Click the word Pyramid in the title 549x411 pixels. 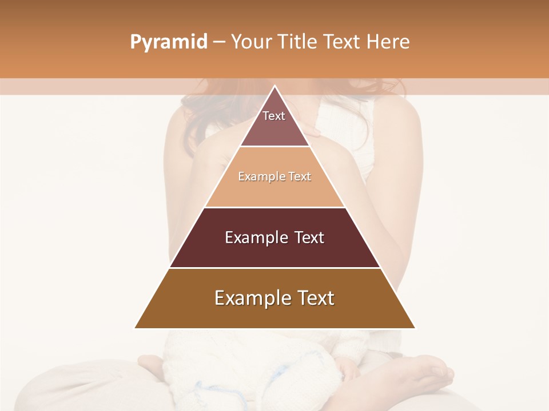(168, 42)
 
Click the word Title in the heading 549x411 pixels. (298, 42)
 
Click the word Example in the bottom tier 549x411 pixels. (249, 299)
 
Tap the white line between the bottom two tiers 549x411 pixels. (274, 268)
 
